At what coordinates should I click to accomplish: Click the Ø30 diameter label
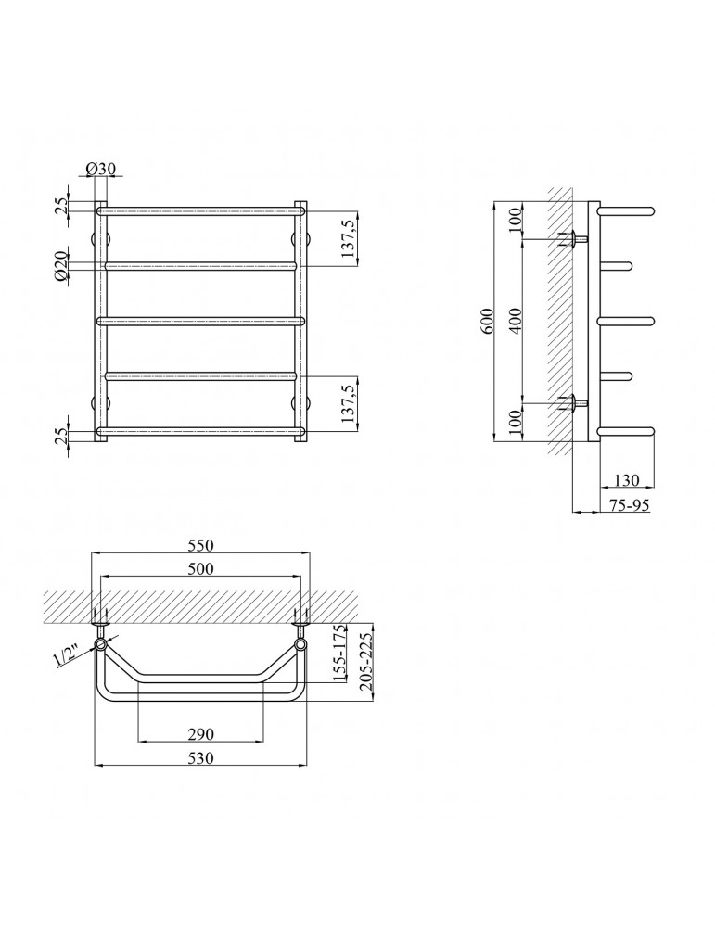(100, 169)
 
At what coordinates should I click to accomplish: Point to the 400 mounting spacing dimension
(517, 321)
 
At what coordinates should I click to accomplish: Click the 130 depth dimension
(627, 480)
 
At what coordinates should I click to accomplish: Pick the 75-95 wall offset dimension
(630, 505)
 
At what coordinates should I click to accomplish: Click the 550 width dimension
(200, 545)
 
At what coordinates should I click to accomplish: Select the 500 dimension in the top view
(200, 568)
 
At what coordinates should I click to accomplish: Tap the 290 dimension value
(200, 734)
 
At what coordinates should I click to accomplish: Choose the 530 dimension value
(200, 758)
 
